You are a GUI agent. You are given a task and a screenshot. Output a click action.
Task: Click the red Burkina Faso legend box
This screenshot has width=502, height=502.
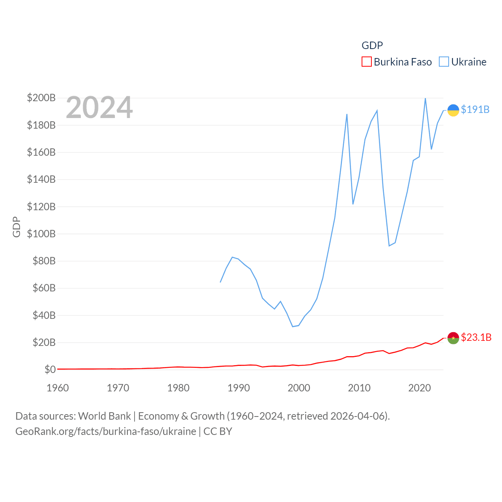366,62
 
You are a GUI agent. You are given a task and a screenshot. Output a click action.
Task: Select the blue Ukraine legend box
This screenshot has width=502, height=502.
444,62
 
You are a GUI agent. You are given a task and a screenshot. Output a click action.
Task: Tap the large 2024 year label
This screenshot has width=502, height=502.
99,107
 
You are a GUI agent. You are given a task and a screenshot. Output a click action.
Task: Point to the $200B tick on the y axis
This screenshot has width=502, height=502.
41,98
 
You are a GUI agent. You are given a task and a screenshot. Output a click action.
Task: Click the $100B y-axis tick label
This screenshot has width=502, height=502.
41,234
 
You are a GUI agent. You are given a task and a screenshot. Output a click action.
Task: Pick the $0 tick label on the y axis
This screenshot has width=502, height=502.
50,369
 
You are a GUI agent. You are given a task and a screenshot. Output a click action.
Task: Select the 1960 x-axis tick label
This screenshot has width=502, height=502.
58,388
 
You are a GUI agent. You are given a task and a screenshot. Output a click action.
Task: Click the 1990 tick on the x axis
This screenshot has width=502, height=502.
238,388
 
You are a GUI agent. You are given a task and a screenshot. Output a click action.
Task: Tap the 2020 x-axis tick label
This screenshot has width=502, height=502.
419,388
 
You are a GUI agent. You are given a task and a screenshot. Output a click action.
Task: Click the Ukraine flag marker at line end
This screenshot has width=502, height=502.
453,110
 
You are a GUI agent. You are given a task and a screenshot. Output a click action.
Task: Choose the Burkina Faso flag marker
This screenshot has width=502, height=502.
453,338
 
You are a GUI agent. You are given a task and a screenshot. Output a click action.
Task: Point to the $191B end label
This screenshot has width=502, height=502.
475,109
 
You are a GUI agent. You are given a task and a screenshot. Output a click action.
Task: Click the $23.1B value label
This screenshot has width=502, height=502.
476,337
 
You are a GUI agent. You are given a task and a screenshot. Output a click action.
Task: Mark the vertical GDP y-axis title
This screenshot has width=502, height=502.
16,227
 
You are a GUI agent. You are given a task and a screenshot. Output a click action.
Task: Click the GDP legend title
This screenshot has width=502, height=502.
372,45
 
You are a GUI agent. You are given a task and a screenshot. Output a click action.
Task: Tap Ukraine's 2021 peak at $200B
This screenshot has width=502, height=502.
426,98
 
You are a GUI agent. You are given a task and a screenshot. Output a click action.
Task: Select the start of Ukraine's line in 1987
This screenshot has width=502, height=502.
220,282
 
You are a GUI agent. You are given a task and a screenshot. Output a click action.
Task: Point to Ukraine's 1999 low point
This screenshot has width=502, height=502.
293,326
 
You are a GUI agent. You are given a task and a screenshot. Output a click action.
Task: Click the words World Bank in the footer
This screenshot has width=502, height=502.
105,416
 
